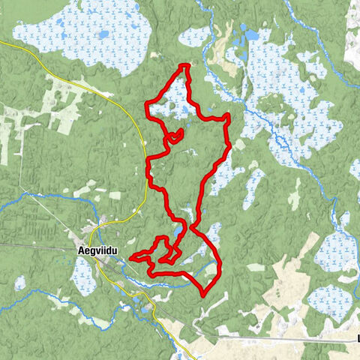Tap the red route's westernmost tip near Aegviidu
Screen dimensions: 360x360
[132, 258]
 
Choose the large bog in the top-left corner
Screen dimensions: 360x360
[82, 31]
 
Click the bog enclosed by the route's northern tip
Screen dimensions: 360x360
[174, 103]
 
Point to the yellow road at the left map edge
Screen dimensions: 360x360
[6, 45]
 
